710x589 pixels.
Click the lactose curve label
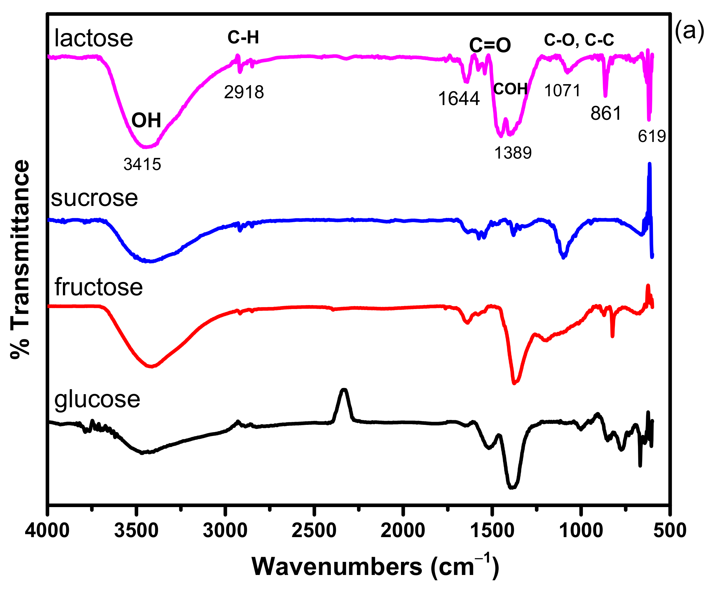point(93,38)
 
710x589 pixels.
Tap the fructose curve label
point(98,287)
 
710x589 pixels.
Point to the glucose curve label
point(97,399)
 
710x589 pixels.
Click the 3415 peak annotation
point(142,164)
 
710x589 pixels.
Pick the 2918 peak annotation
point(244,92)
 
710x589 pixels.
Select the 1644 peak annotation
point(459,99)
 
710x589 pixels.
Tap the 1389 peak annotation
point(513,153)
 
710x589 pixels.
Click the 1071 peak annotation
point(562,91)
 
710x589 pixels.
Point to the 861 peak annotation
point(606,114)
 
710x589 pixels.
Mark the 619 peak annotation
point(652,136)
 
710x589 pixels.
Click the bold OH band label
point(146,120)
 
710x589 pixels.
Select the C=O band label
point(490,45)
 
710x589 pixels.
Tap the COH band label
point(510,89)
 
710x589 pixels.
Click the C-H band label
point(243,37)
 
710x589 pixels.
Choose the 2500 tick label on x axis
point(314,531)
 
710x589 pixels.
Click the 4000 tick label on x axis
point(47,531)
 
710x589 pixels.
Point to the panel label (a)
point(689,31)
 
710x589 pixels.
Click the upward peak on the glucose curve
point(344,391)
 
